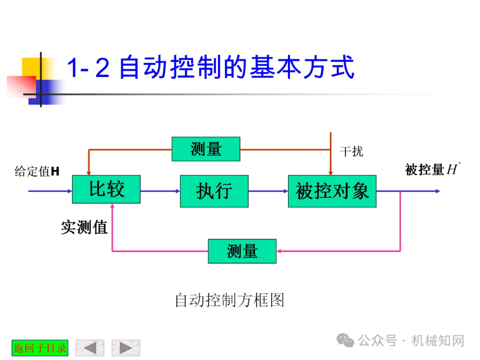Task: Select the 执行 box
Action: [x=214, y=191]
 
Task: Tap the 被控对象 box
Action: [x=332, y=191]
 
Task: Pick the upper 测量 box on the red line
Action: [x=206, y=149]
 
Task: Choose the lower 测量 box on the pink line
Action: [x=242, y=251]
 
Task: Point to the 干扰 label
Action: [x=351, y=152]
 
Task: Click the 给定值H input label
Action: [x=37, y=171]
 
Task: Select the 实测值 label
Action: [x=84, y=228]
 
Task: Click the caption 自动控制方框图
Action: [x=229, y=300]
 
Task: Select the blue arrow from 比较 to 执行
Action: [x=160, y=191]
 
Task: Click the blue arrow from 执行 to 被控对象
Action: [x=268, y=191]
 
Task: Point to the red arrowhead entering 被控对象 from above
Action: [x=330, y=172]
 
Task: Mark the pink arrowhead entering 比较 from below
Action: [x=112, y=207]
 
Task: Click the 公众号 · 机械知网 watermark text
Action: [x=411, y=341]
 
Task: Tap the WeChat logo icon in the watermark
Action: [x=345, y=340]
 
